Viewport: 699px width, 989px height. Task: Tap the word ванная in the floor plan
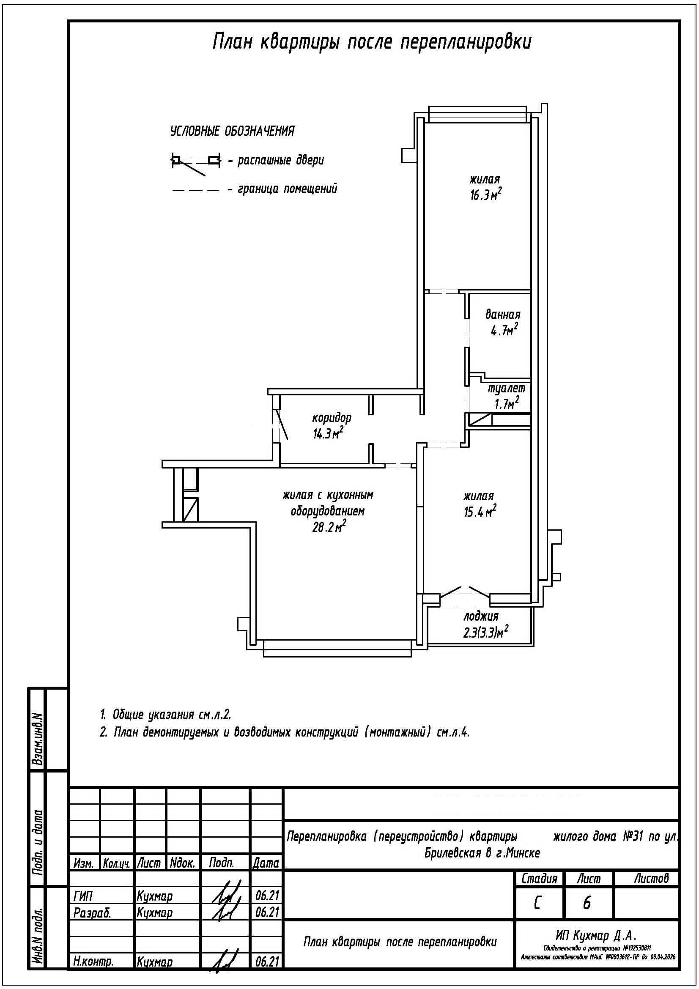(x=503, y=314)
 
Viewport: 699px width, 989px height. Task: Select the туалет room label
(x=507, y=388)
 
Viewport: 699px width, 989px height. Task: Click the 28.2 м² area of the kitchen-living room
(x=329, y=527)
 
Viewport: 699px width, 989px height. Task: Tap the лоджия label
(x=481, y=616)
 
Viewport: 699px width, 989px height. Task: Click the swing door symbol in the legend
(x=196, y=162)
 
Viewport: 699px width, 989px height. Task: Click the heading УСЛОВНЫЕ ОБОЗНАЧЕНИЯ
(x=232, y=131)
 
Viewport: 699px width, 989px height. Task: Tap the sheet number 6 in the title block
(x=587, y=903)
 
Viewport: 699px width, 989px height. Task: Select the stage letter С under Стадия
(x=537, y=903)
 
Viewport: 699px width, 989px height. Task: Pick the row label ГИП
(x=83, y=896)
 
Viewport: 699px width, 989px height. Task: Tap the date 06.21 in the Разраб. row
(x=266, y=912)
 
